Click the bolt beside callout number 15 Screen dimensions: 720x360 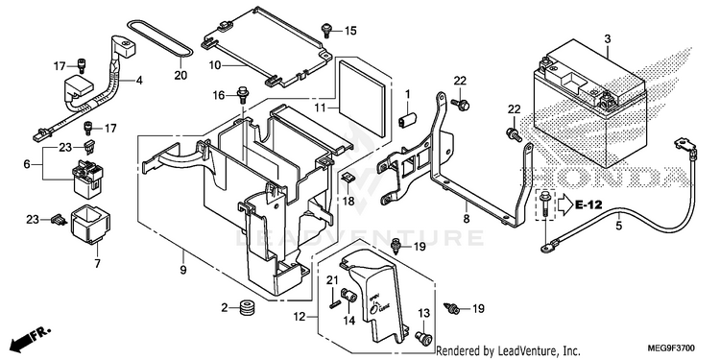(x=326, y=31)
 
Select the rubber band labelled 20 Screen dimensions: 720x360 (x=181, y=53)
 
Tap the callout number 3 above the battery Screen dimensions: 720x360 (x=608, y=39)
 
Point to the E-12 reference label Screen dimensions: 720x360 (x=588, y=204)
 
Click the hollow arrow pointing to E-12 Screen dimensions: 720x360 (x=564, y=204)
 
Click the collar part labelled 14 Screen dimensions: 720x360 (x=350, y=296)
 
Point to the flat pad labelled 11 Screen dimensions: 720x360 (x=360, y=98)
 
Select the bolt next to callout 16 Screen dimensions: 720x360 (x=242, y=95)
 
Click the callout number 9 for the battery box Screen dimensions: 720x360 (x=182, y=270)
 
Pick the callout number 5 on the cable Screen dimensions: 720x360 (x=619, y=226)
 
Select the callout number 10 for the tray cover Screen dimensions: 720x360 (x=215, y=65)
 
